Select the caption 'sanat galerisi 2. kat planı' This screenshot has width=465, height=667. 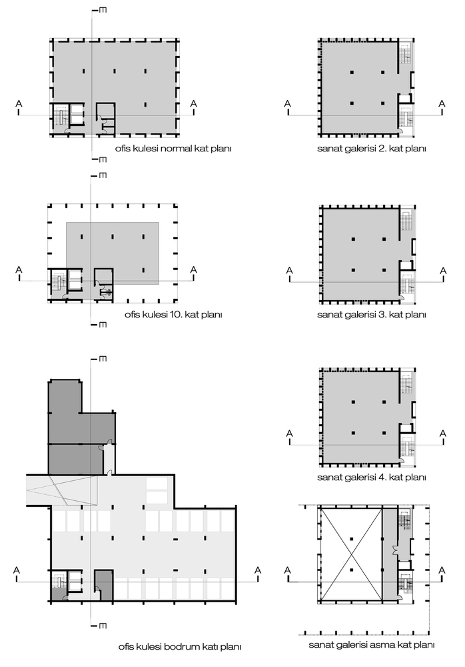click(371, 149)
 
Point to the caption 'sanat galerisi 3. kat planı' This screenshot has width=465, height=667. click(371, 314)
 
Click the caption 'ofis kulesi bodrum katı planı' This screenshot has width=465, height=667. click(179, 646)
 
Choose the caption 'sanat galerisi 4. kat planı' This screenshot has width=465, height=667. click(371, 478)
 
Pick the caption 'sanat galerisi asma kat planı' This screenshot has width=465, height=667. click(372, 645)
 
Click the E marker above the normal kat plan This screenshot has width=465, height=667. click(103, 11)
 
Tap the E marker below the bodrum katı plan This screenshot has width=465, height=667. click(103, 625)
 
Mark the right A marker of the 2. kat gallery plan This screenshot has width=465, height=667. click(441, 103)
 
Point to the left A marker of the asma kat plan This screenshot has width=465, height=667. click(288, 570)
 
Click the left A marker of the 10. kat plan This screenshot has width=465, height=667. click(19, 269)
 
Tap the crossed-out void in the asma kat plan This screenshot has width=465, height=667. click(350, 551)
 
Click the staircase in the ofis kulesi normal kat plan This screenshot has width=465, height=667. click(61, 117)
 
